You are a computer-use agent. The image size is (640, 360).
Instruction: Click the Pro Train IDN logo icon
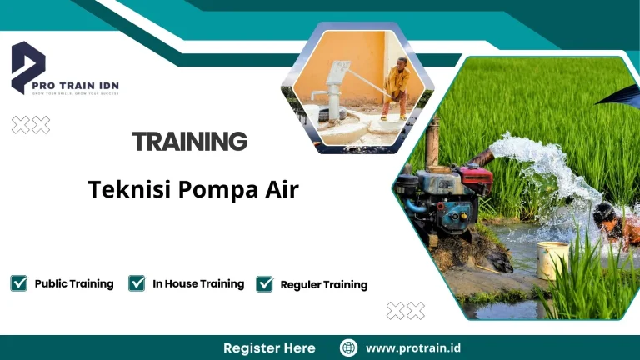(x=27, y=67)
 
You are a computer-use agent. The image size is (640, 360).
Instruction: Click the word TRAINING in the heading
(x=190, y=142)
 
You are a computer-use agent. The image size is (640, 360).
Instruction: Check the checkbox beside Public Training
(x=19, y=283)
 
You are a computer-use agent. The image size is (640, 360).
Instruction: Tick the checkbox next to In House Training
(x=137, y=283)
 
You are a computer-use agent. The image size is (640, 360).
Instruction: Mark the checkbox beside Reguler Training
(x=265, y=284)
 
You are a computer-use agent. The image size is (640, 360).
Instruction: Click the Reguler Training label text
(x=324, y=285)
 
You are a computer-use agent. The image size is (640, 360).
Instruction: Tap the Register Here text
(x=269, y=347)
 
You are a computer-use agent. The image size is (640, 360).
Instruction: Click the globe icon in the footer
(x=349, y=347)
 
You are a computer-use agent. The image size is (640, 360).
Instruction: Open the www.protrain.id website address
(x=414, y=347)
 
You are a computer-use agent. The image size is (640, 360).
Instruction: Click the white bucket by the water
(x=552, y=260)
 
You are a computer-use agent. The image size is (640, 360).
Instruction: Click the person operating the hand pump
(x=397, y=87)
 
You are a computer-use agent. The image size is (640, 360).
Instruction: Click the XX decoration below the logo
(x=30, y=125)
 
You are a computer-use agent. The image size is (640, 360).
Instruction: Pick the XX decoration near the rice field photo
(x=406, y=311)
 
